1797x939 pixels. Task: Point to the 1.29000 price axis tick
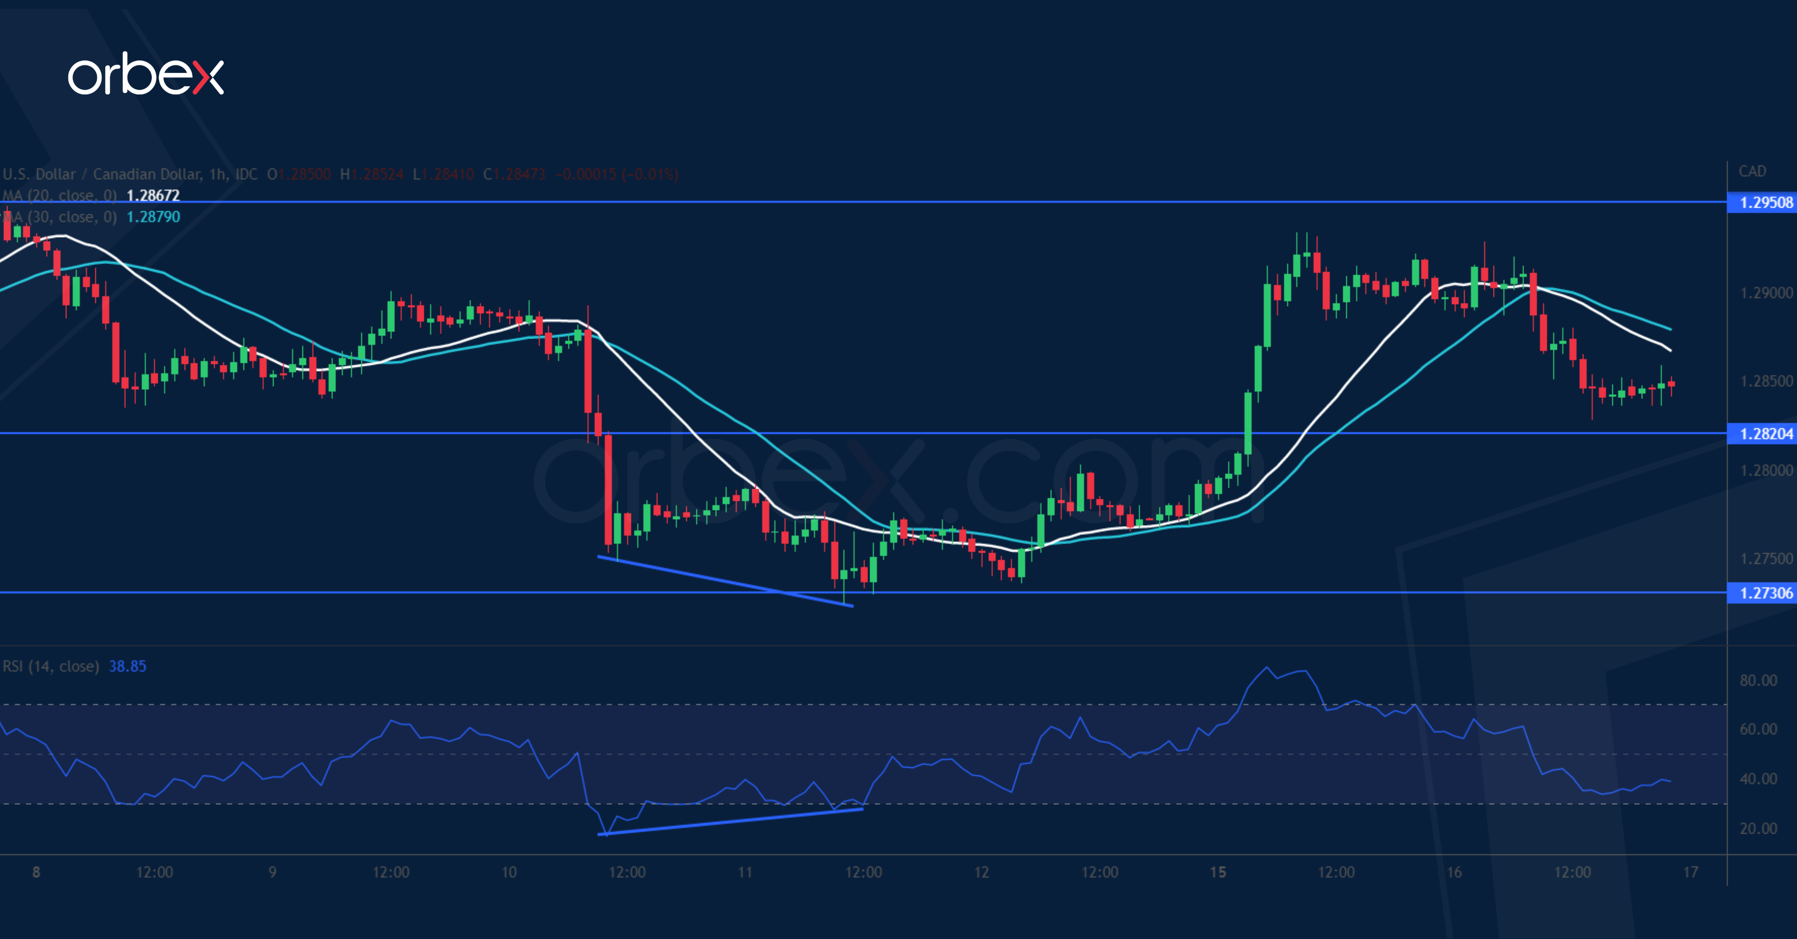pos(1766,293)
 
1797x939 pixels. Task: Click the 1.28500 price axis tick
pos(1766,381)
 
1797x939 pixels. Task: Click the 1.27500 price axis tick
pos(1766,559)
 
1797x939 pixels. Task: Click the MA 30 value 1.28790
pos(153,217)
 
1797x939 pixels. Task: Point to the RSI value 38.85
pos(128,666)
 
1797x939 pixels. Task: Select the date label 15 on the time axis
pos(1218,872)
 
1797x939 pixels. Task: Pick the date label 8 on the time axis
pos(36,872)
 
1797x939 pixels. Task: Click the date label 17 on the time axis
pos(1690,872)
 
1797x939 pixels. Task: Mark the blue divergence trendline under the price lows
pos(725,581)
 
